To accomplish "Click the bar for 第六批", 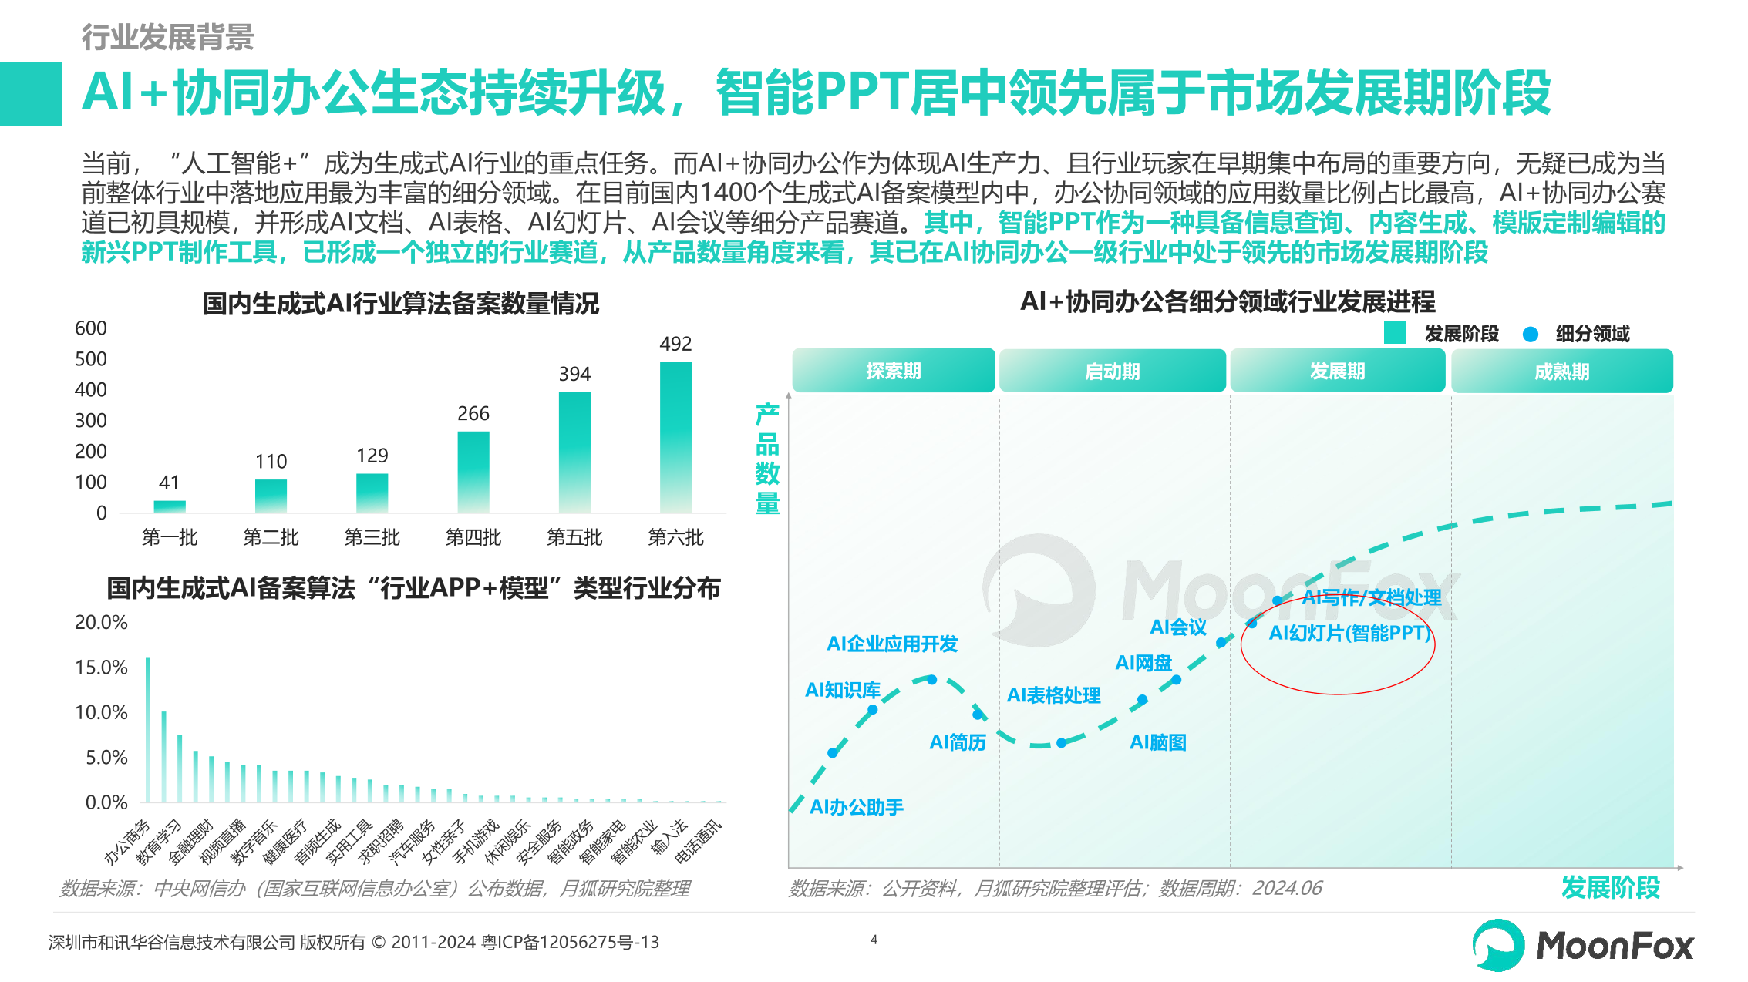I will pyautogui.click(x=675, y=436).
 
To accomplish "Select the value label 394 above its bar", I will pyautogui.click(x=574, y=374).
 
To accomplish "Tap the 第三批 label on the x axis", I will pyautogui.click(x=372, y=537).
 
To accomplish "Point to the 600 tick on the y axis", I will pyautogui.click(x=91, y=328).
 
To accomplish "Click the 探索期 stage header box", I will pyautogui.click(x=893, y=371).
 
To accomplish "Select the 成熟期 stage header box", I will pyautogui.click(x=1561, y=372).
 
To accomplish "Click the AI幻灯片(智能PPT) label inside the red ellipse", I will pyautogui.click(x=1349, y=634).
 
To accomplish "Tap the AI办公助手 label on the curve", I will pyautogui.click(x=856, y=807).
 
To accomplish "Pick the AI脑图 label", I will pyautogui.click(x=1157, y=742).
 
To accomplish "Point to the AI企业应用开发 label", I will pyautogui.click(x=892, y=644).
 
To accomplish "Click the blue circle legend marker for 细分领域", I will pyautogui.click(x=1531, y=334).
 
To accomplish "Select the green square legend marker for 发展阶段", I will pyautogui.click(x=1394, y=333).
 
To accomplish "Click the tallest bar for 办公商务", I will pyautogui.click(x=148, y=729).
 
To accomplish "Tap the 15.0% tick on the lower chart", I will pyautogui.click(x=101, y=668).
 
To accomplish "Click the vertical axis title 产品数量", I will pyautogui.click(x=766, y=459).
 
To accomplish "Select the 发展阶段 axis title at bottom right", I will pyautogui.click(x=1610, y=887).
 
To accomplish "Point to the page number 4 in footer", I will pyautogui.click(x=874, y=940).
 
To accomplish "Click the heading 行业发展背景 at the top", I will pyautogui.click(x=167, y=37).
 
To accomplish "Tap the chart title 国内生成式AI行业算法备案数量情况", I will pyautogui.click(x=400, y=304).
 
